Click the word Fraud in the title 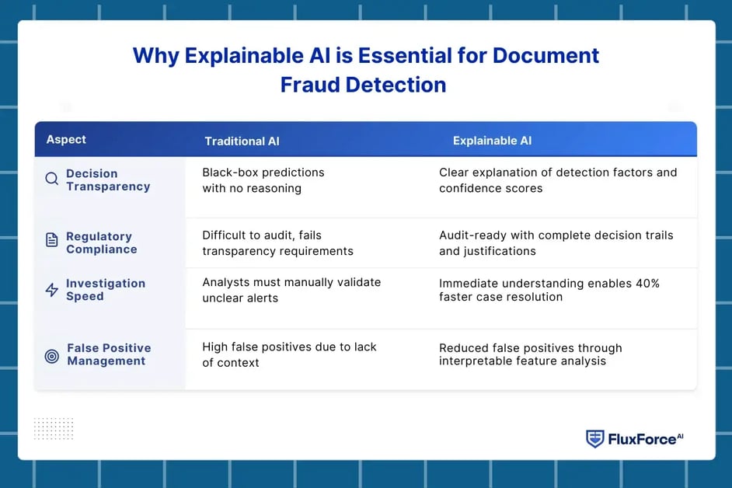[x=311, y=85]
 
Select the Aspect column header [x=66, y=140]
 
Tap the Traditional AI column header [x=242, y=141]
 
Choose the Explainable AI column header [x=492, y=141]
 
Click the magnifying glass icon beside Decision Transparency [x=52, y=180]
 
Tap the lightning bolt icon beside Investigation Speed [x=52, y=290]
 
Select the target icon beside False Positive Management [x=52, y=356]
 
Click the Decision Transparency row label [x=107, y=180]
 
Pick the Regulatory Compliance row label [x=101, y=243]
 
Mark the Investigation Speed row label [x=105, y=290]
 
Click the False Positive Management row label [x=109, y=354]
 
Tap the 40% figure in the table [x=644, y=284]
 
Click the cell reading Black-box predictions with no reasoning [x=263, y=180]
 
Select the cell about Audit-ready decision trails [x=556, y=243]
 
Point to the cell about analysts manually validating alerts [x=291, y=290]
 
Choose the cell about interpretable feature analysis [x=530, y=354]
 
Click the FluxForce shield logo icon [x=594, y=439]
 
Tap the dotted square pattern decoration [x=54, y=428]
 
